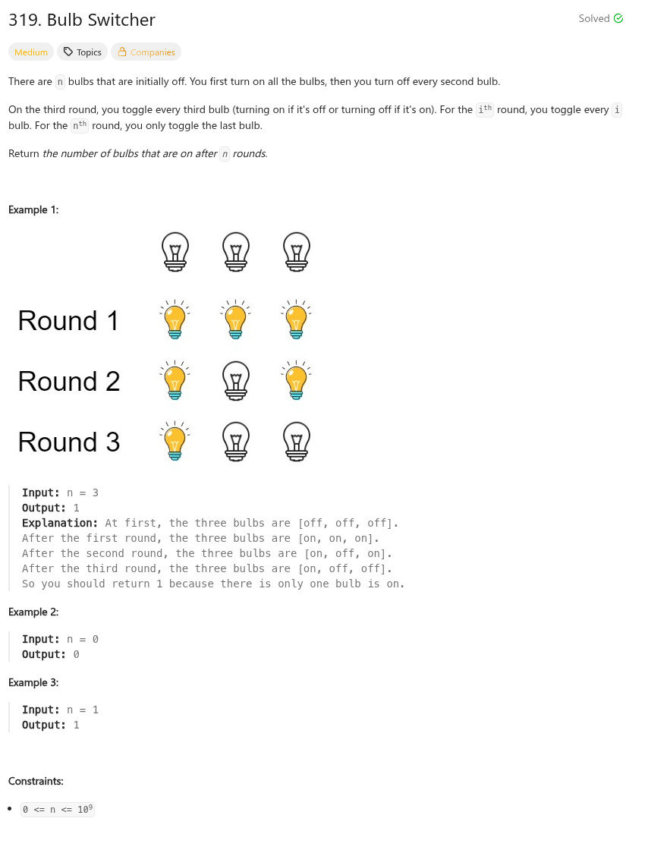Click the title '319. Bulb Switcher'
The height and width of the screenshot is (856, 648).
point(82,20)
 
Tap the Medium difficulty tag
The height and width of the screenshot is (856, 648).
point(31,52)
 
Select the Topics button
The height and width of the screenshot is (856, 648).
point(82,52)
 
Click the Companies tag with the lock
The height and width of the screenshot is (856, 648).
point(146,52)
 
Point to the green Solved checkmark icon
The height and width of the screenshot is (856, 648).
point(618,18)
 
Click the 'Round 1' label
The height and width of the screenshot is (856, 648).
point(69,321)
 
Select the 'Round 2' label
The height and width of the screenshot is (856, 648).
point(69,382)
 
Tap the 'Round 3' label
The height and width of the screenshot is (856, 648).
point(69,442)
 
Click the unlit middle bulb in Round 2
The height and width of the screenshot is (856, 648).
point(236,380)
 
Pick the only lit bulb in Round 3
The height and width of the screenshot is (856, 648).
point(175,441)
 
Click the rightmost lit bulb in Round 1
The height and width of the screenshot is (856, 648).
point(297,319)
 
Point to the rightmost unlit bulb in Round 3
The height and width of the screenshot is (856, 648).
point(297,441)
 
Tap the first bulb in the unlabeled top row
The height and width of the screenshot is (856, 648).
point(175,251)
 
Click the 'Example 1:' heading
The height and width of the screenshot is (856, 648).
point(33,209)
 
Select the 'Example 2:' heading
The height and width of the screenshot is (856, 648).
point(33,612)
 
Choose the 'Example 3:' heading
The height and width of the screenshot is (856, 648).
point(33,682)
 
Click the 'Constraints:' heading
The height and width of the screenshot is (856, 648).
point(36,781)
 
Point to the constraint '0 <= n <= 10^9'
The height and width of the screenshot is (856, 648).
point(58,809)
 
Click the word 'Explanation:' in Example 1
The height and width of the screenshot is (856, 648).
point(60,523)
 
